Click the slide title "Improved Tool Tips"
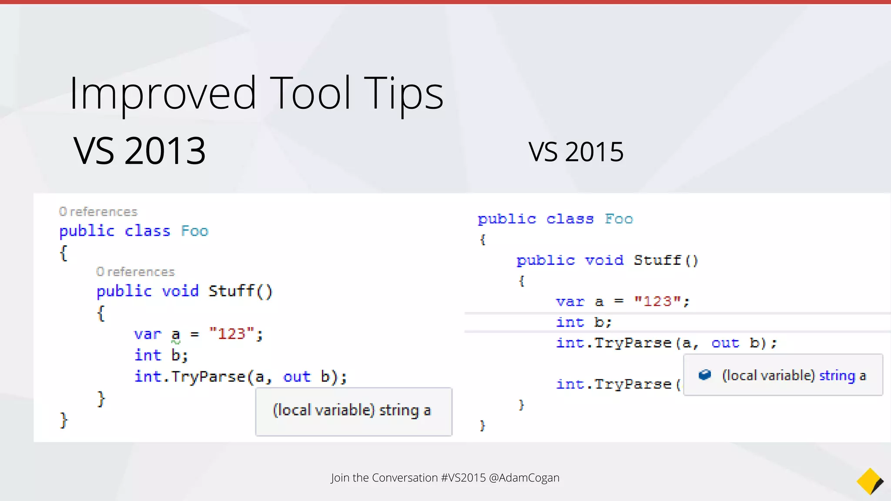(x=256, y=93)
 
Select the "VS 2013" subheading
(x=139, y=151)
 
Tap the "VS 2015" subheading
(x=576, y=152)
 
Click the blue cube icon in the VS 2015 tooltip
(x=705, y=375)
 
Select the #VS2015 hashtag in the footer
(x=463, y=478)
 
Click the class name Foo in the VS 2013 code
(x=194, y=231)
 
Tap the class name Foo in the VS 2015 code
(x=619, y=219)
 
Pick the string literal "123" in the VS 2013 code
(x=231, y=334)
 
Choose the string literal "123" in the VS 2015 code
(x=657, y=301)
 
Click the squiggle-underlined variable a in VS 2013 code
(x=175, y=335)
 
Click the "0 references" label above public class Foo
(x=98, y=212)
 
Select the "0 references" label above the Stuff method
(x=135, y=272)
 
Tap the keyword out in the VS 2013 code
(x=297, y=377)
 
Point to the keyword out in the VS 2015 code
(x=725, y=343)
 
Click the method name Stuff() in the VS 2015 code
(x=666, y=260)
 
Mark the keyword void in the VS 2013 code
(x=180, y=291)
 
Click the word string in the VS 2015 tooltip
(x=837, y=375)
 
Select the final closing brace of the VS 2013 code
(x=64, y=420)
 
